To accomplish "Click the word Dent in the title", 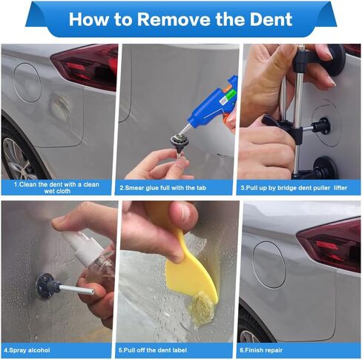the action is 271,19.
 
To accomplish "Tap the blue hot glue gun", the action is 213,103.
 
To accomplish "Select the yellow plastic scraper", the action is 191,269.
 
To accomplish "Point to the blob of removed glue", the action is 201,307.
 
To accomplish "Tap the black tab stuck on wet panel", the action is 46,286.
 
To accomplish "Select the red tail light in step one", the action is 85,66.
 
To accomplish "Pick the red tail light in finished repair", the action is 330,245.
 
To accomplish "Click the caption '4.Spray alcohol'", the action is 27,350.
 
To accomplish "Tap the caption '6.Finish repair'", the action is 261,350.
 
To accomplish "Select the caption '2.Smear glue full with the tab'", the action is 163,188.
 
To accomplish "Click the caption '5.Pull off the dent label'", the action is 153,350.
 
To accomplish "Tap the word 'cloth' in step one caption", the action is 64,191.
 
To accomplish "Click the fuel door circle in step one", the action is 27,82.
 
